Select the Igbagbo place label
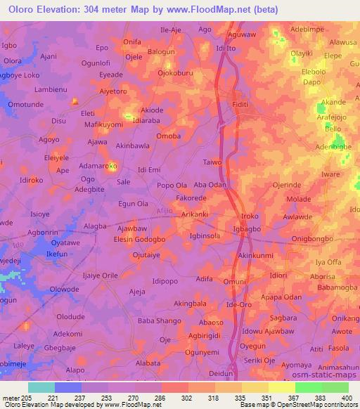point(250,229)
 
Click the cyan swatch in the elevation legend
point(41,387)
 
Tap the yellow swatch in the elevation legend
point(282,387)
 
